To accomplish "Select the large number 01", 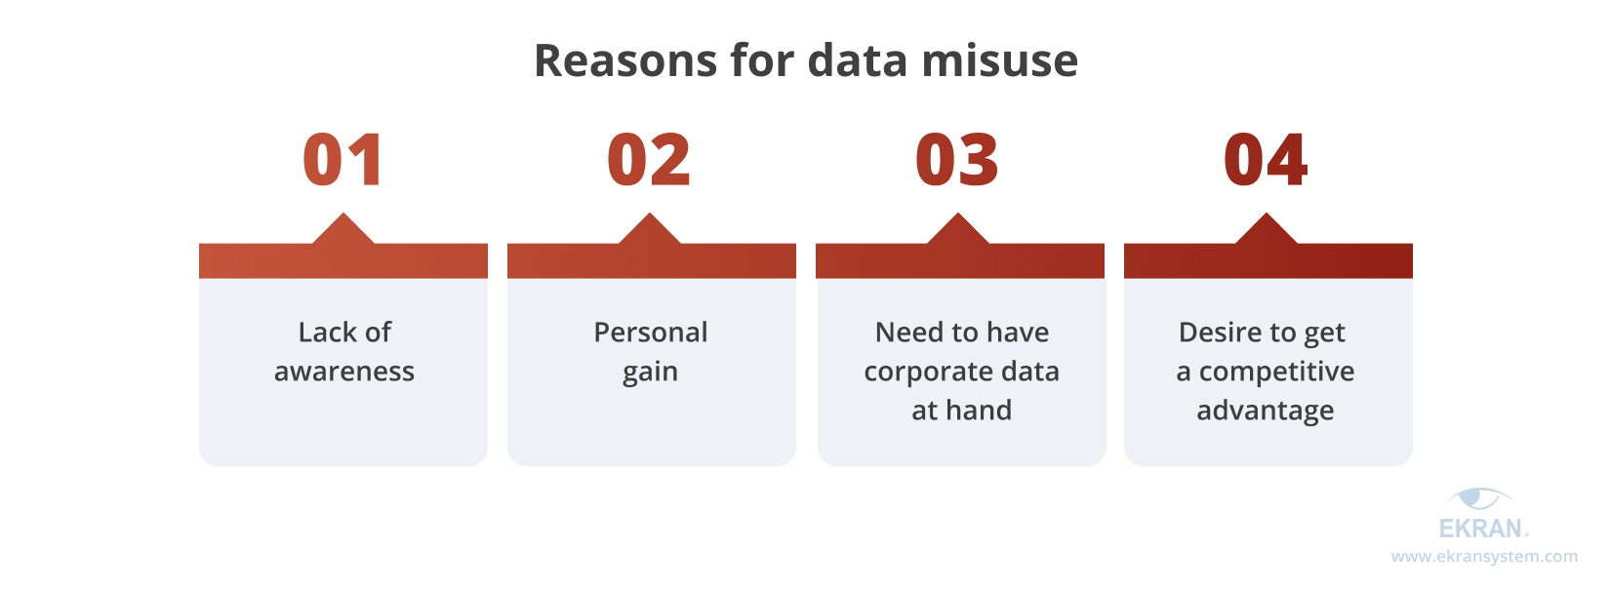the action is pyautogui.click(x=342, y=160).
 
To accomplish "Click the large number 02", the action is pyautogui.click(x=649, y=160).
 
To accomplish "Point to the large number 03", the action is pyautogui.click(x=957, y=160).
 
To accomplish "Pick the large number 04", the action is pyautogui.click(x=1266, y=160).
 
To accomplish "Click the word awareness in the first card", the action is pyautogui.click(x=344, y=372).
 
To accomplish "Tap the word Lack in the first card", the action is pyautogui.click(x=325, y=332).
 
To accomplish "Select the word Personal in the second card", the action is pyautogui.click(x=651, y=332).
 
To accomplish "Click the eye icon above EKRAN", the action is pyautogui.click(x=1480, y=497).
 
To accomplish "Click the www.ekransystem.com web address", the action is pyautogui.click(x=1484, y=557).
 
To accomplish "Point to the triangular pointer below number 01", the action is pyautogui.click(x=342, y=229).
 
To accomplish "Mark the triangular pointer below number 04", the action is pyautogui.click(x=1267, y=229).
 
